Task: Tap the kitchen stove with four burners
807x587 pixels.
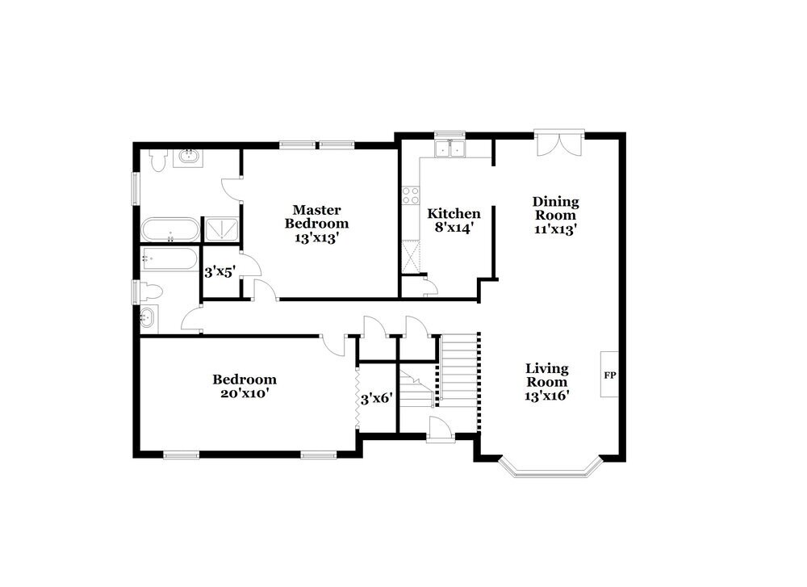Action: pyautogui.click(x=411, y=195)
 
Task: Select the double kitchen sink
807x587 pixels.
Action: pyautogui.click(x=449, y=149)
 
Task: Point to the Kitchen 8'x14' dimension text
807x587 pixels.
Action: pyautogui.click(x=454, y=229)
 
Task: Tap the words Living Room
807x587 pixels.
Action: pyautogui.click(x=547, y=375)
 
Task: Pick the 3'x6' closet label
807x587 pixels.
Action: pyautogui.click(x=375, y=398)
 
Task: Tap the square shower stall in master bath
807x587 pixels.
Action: pyautogui.click(x=220, y=230)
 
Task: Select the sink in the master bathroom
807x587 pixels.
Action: pyautogui.click(x=191, y=157)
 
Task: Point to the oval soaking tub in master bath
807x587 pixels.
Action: pyautogui.click(x=169, y=230)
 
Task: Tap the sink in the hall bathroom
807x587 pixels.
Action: pyautogui.click(x=148, y=318)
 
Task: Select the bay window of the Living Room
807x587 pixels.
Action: pyautogui.click(x=550, y=471)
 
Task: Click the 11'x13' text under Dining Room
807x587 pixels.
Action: pyautogui.click(x=555, y=229)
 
